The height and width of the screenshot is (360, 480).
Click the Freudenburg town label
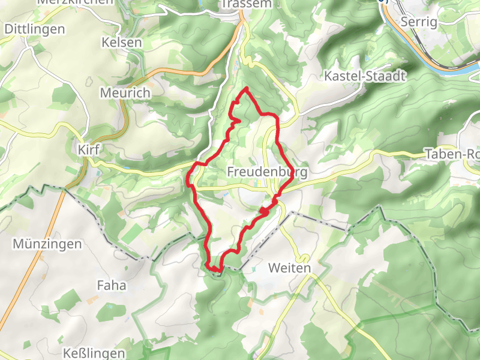(x=267, y=173)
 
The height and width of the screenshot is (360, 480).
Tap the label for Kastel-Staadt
(x=365, y=76)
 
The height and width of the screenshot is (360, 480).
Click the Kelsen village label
(x=122, y=43)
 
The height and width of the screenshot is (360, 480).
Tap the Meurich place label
(x=125, y=94)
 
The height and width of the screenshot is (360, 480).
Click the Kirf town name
(x=88, y=149)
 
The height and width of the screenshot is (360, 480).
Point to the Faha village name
(x=112, y=286)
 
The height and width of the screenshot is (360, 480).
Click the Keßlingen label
(x=96, y=353)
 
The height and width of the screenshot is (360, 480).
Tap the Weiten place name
(x=290, y=268)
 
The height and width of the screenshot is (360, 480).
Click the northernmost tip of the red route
(x=246, y=89)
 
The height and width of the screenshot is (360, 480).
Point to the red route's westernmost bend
(x=189, y=178)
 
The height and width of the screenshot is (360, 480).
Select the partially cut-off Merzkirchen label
(x=75, y=2)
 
